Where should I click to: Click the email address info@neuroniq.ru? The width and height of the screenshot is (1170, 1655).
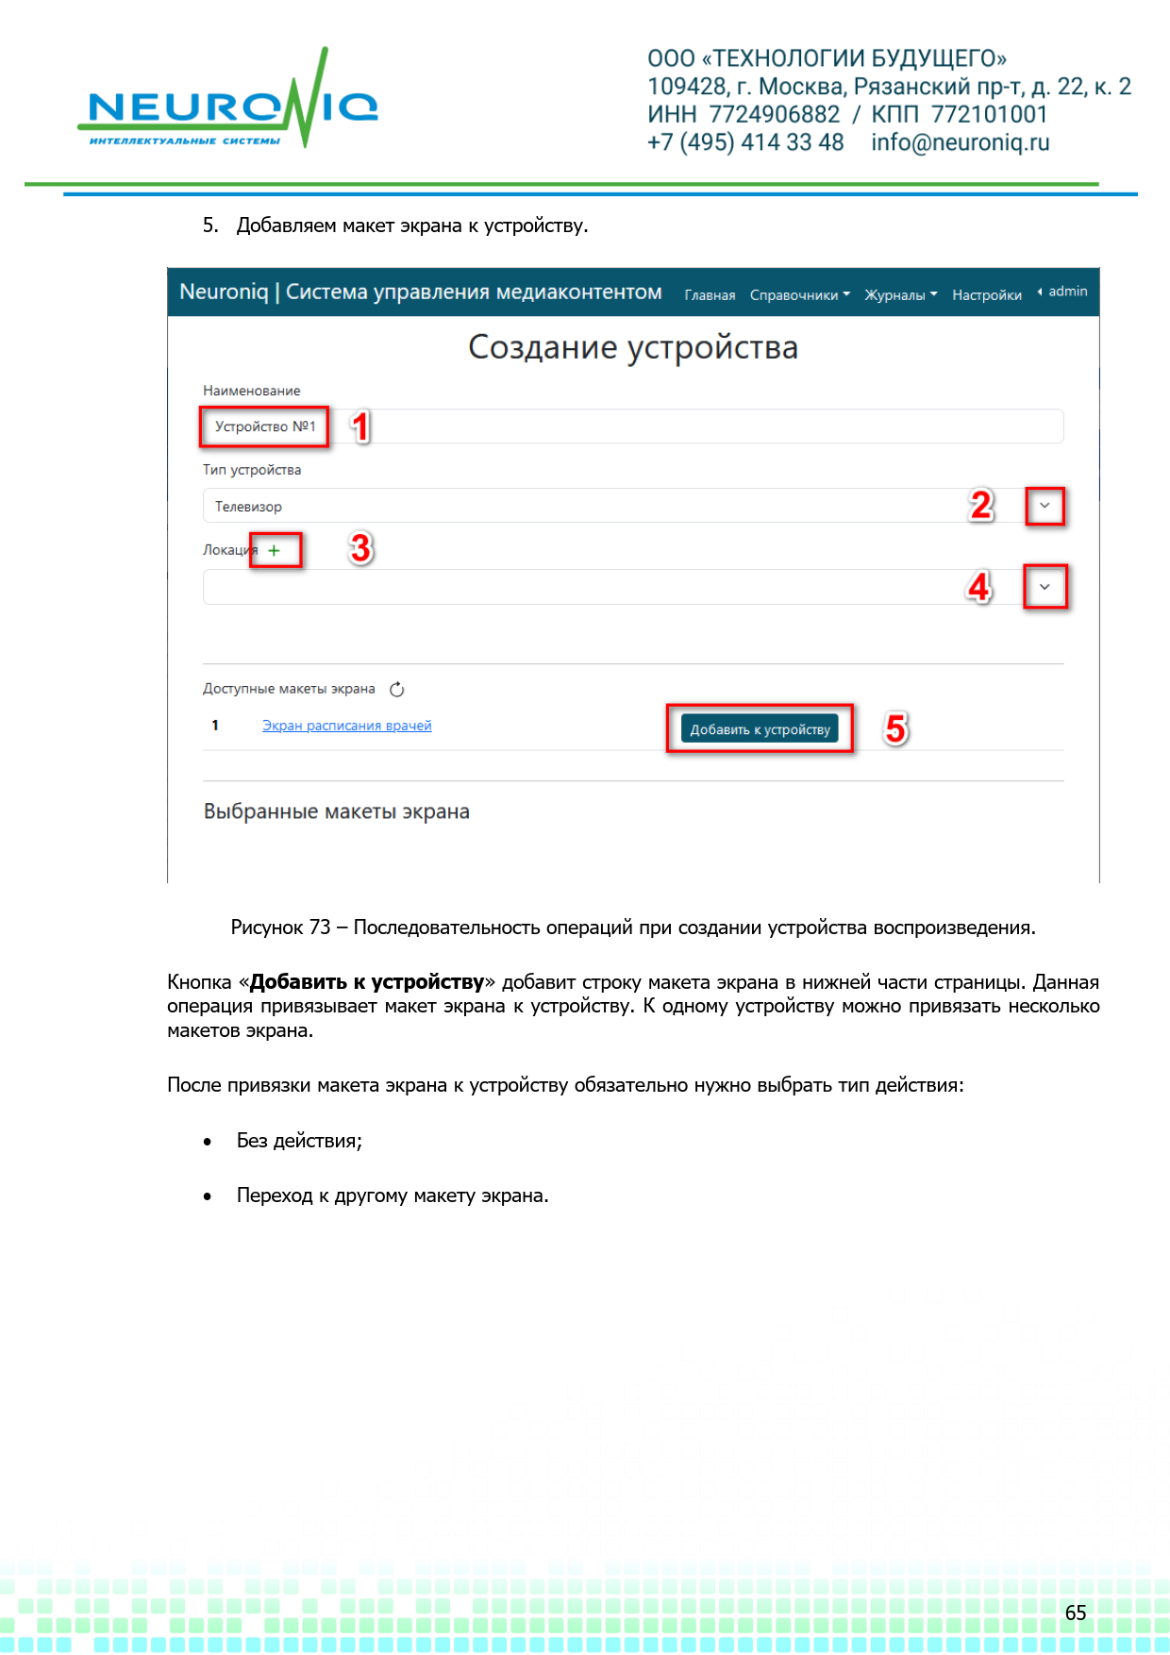[960, 142]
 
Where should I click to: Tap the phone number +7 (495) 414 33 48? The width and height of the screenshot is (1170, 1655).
[745, 142]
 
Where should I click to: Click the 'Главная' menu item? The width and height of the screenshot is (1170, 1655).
[710, 295]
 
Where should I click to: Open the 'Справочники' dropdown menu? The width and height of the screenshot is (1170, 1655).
[799, 295]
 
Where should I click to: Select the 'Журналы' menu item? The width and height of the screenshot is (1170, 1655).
[900, 295]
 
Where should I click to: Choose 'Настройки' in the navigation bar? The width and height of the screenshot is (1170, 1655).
[986, 295]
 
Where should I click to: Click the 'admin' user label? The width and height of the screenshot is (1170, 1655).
[1067, 292]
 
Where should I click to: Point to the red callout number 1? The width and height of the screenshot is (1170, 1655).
[360, 426]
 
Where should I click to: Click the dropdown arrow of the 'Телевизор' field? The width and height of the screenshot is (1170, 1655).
[1045, 506]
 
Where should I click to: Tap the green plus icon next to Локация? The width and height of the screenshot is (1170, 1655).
[274, 550]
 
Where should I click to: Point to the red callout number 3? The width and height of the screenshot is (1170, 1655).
[360, 548]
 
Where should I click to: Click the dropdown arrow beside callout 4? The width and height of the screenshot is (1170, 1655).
[1045, 587]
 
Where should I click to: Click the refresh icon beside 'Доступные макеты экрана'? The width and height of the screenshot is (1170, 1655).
[397, 690]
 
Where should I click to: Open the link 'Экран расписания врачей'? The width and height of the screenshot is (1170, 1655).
[346, 726]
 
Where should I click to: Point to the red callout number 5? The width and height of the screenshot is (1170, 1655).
[895, 728]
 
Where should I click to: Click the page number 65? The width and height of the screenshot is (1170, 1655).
[1076, 1613]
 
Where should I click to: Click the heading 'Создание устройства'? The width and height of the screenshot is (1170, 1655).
[632, 347]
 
